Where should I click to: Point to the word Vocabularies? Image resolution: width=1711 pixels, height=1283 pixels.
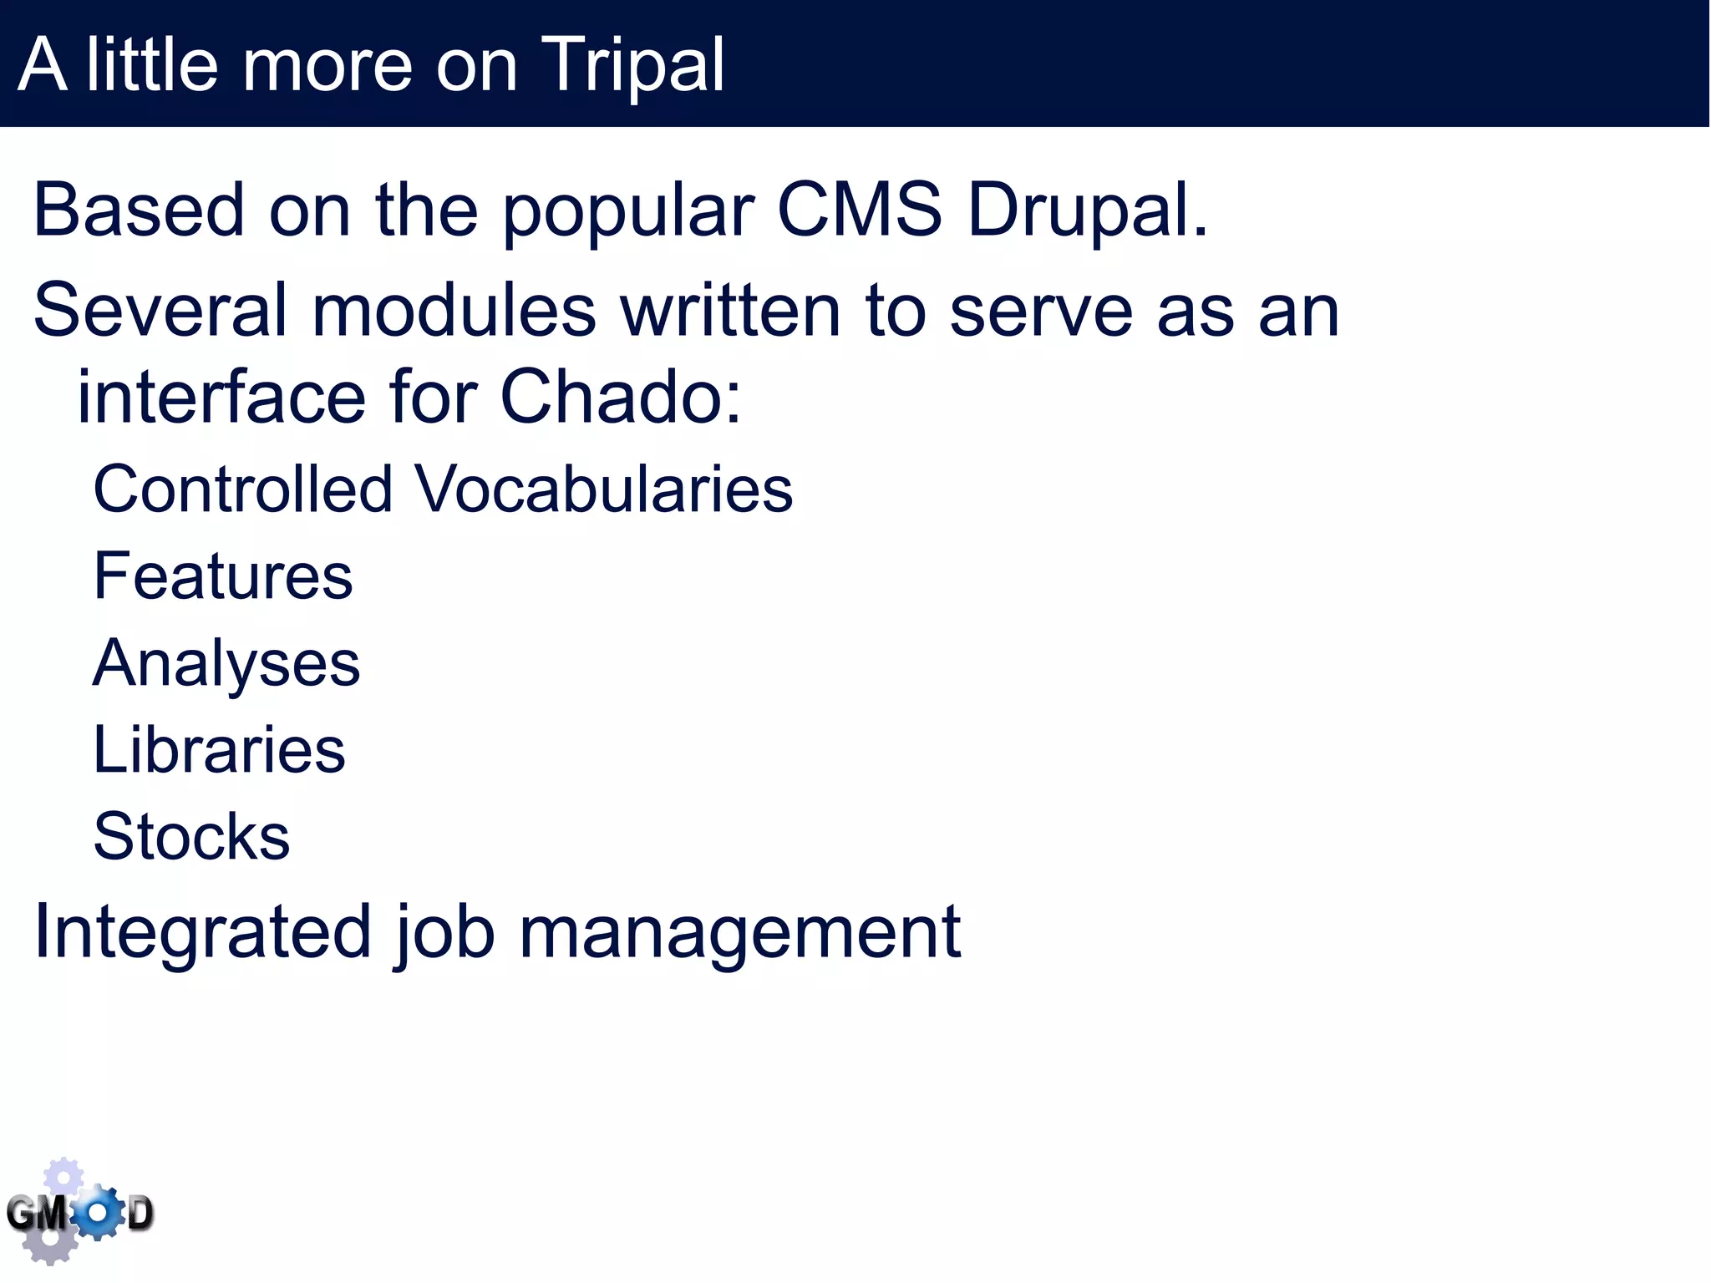pyautogui.click(x=604, y=489)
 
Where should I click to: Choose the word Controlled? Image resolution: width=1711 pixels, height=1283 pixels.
pyautogui.click(x=242, y=489)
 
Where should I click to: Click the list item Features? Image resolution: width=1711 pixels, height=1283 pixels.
pyautogui.click(x=223, y=576)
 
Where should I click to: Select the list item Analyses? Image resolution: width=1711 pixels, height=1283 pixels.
pyautogui.click(x=226, y=663)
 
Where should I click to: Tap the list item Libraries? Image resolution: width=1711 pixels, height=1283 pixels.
pyautogui.click(x=219, y=750)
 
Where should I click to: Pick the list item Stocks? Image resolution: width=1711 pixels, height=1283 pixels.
pyautogui.click(x=191, y=837)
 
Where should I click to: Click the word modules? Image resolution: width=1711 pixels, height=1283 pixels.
pyautogui.click(x=454, y=311)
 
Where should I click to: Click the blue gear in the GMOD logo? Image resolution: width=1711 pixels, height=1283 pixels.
pyautogui.click(x=99, y=1213)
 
